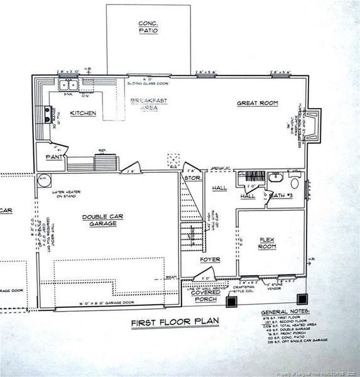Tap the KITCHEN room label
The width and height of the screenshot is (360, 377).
[x=83, y=114]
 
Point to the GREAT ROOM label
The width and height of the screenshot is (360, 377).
[x=257, y=103]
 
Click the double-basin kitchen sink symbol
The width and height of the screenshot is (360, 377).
[x=68, y=85]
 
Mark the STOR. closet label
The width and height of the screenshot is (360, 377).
[x=190, y=178]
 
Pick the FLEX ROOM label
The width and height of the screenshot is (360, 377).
[x=268, y=243]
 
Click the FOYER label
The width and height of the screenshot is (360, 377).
[x=209, y=259]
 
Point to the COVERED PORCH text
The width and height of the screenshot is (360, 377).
[x=205, y=296]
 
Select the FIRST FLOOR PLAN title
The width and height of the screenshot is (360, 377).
[x=175, y=322]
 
